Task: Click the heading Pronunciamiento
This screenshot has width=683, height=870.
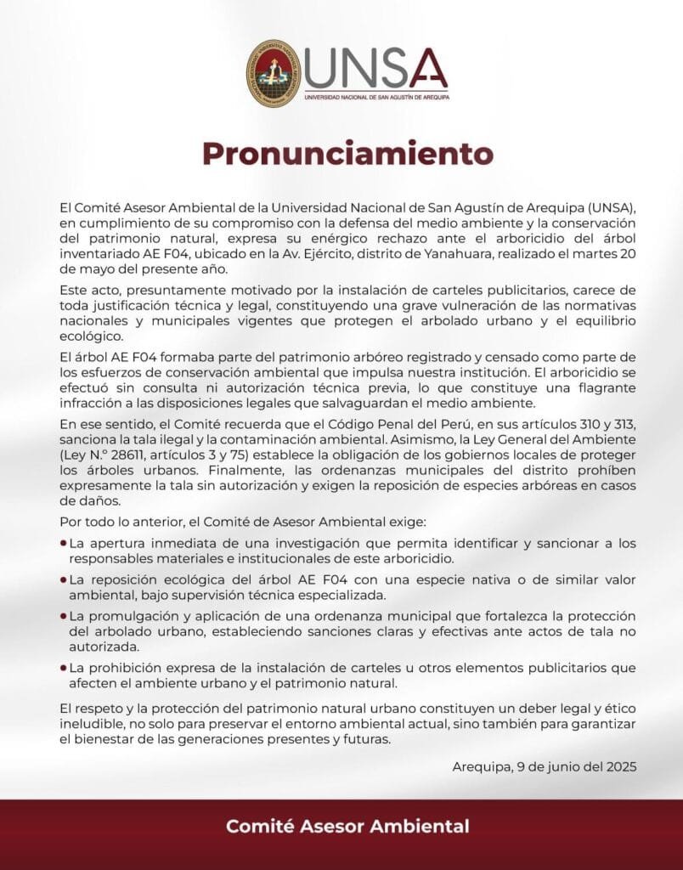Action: click(x=347, y=154)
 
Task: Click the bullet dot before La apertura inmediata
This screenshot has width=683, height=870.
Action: click(x=64, y=543)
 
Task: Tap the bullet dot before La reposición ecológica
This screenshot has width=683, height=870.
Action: click(x=64, y=579)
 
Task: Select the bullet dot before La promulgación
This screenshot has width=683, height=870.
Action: click(x=64, y=614)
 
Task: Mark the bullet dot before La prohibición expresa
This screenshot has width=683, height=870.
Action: click(x=64, y=669)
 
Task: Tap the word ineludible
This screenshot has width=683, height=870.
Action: click(x=93, y=723)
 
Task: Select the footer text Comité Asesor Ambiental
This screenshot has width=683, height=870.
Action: click(x=347, y=825)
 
